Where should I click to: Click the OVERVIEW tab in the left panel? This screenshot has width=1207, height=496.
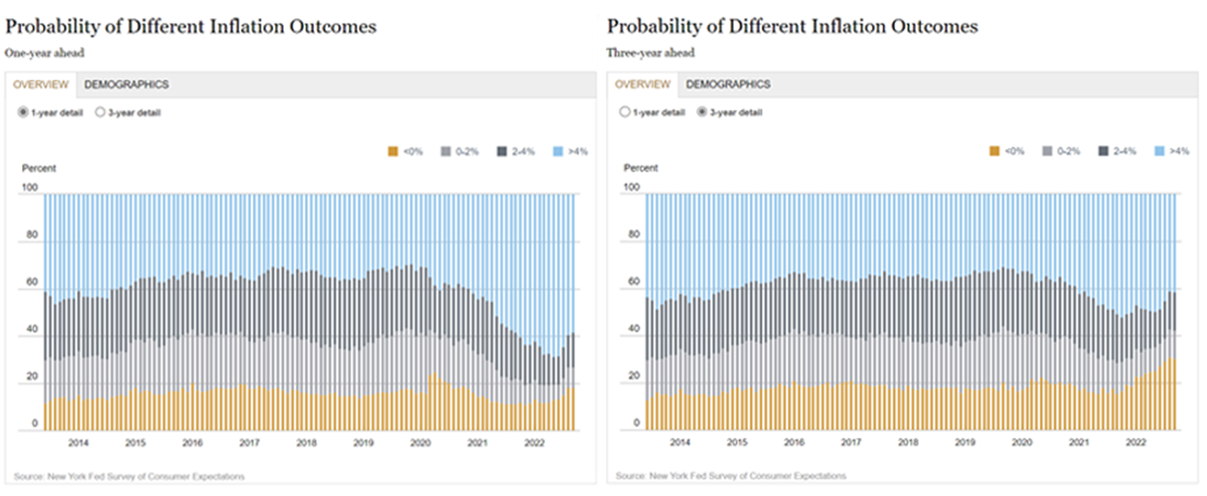41,84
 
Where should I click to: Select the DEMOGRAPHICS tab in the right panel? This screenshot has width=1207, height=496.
728,84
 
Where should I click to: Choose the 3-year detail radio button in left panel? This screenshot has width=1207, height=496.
100,112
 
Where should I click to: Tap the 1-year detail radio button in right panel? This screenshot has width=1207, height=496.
624,112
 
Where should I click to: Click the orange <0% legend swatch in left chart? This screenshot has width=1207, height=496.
393,151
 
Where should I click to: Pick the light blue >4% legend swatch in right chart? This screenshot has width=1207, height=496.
1159,151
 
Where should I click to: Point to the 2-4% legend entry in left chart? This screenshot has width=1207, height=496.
523,151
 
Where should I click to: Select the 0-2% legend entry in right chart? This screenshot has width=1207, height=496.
1068,151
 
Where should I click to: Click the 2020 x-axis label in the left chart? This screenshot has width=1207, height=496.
420,443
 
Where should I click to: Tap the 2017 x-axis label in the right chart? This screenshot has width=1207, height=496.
851,442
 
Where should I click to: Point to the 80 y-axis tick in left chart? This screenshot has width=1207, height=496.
32,234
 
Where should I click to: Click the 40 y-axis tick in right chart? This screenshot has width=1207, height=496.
634,328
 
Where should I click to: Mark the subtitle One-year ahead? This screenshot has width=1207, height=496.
45,53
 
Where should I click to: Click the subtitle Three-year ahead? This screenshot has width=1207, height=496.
650,53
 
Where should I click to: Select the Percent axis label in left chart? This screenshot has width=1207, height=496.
39,168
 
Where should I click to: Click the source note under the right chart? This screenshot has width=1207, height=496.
730,476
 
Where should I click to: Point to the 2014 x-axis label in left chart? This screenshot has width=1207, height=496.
78,443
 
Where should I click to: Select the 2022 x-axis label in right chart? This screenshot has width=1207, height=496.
1135,442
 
